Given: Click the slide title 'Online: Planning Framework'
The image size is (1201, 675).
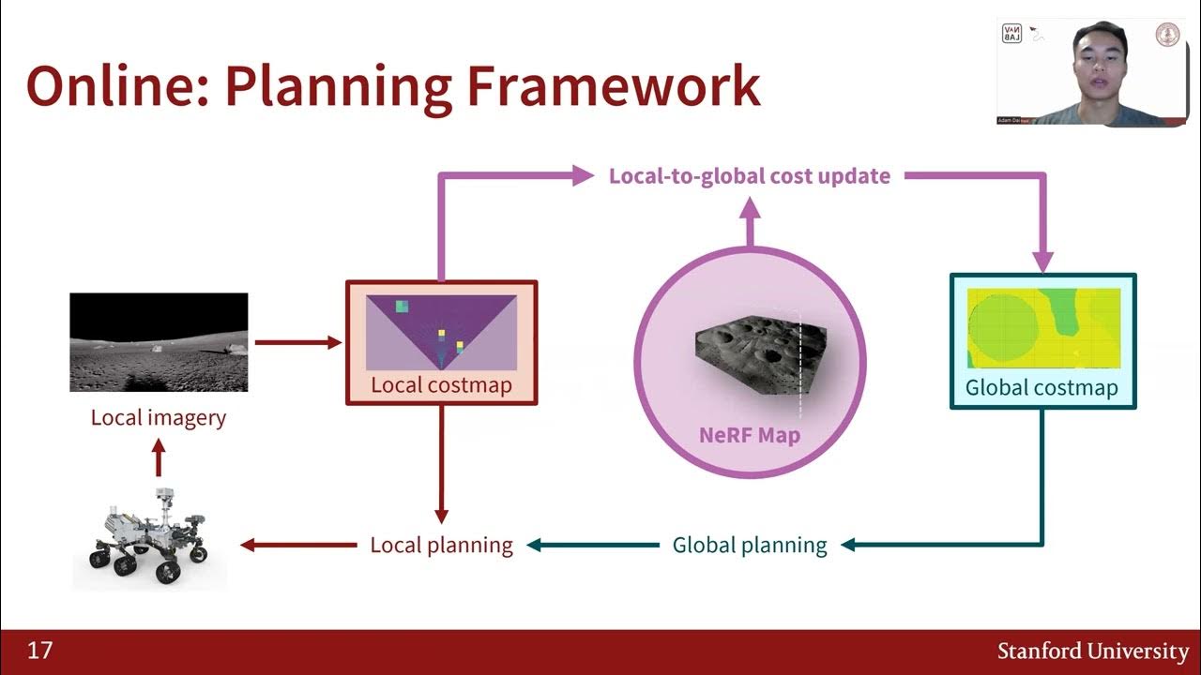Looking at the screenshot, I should click(392, 85).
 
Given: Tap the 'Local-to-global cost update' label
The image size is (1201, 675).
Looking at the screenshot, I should click(749, 176).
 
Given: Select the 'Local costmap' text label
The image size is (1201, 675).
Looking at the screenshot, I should click(441, 384).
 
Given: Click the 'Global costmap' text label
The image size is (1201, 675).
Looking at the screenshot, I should click(1041, 387).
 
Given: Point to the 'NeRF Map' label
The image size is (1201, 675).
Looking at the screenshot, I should click(749, 435).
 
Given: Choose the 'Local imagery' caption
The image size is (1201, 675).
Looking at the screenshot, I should click(159, 417).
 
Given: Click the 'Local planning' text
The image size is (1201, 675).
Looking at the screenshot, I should click(441, 545).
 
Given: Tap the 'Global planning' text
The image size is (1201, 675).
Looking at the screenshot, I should click(750, 545).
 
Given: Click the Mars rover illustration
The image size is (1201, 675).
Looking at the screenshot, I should click(148, 537).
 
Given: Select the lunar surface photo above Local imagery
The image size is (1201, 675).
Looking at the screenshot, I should click(159, 342).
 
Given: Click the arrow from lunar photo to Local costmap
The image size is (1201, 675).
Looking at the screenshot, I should click(297, 342).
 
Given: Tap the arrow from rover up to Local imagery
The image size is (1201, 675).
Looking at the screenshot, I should click(159, 460).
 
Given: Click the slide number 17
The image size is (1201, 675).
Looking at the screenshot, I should click(39, 651).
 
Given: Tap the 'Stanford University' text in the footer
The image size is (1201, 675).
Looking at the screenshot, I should click(1092, 651).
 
